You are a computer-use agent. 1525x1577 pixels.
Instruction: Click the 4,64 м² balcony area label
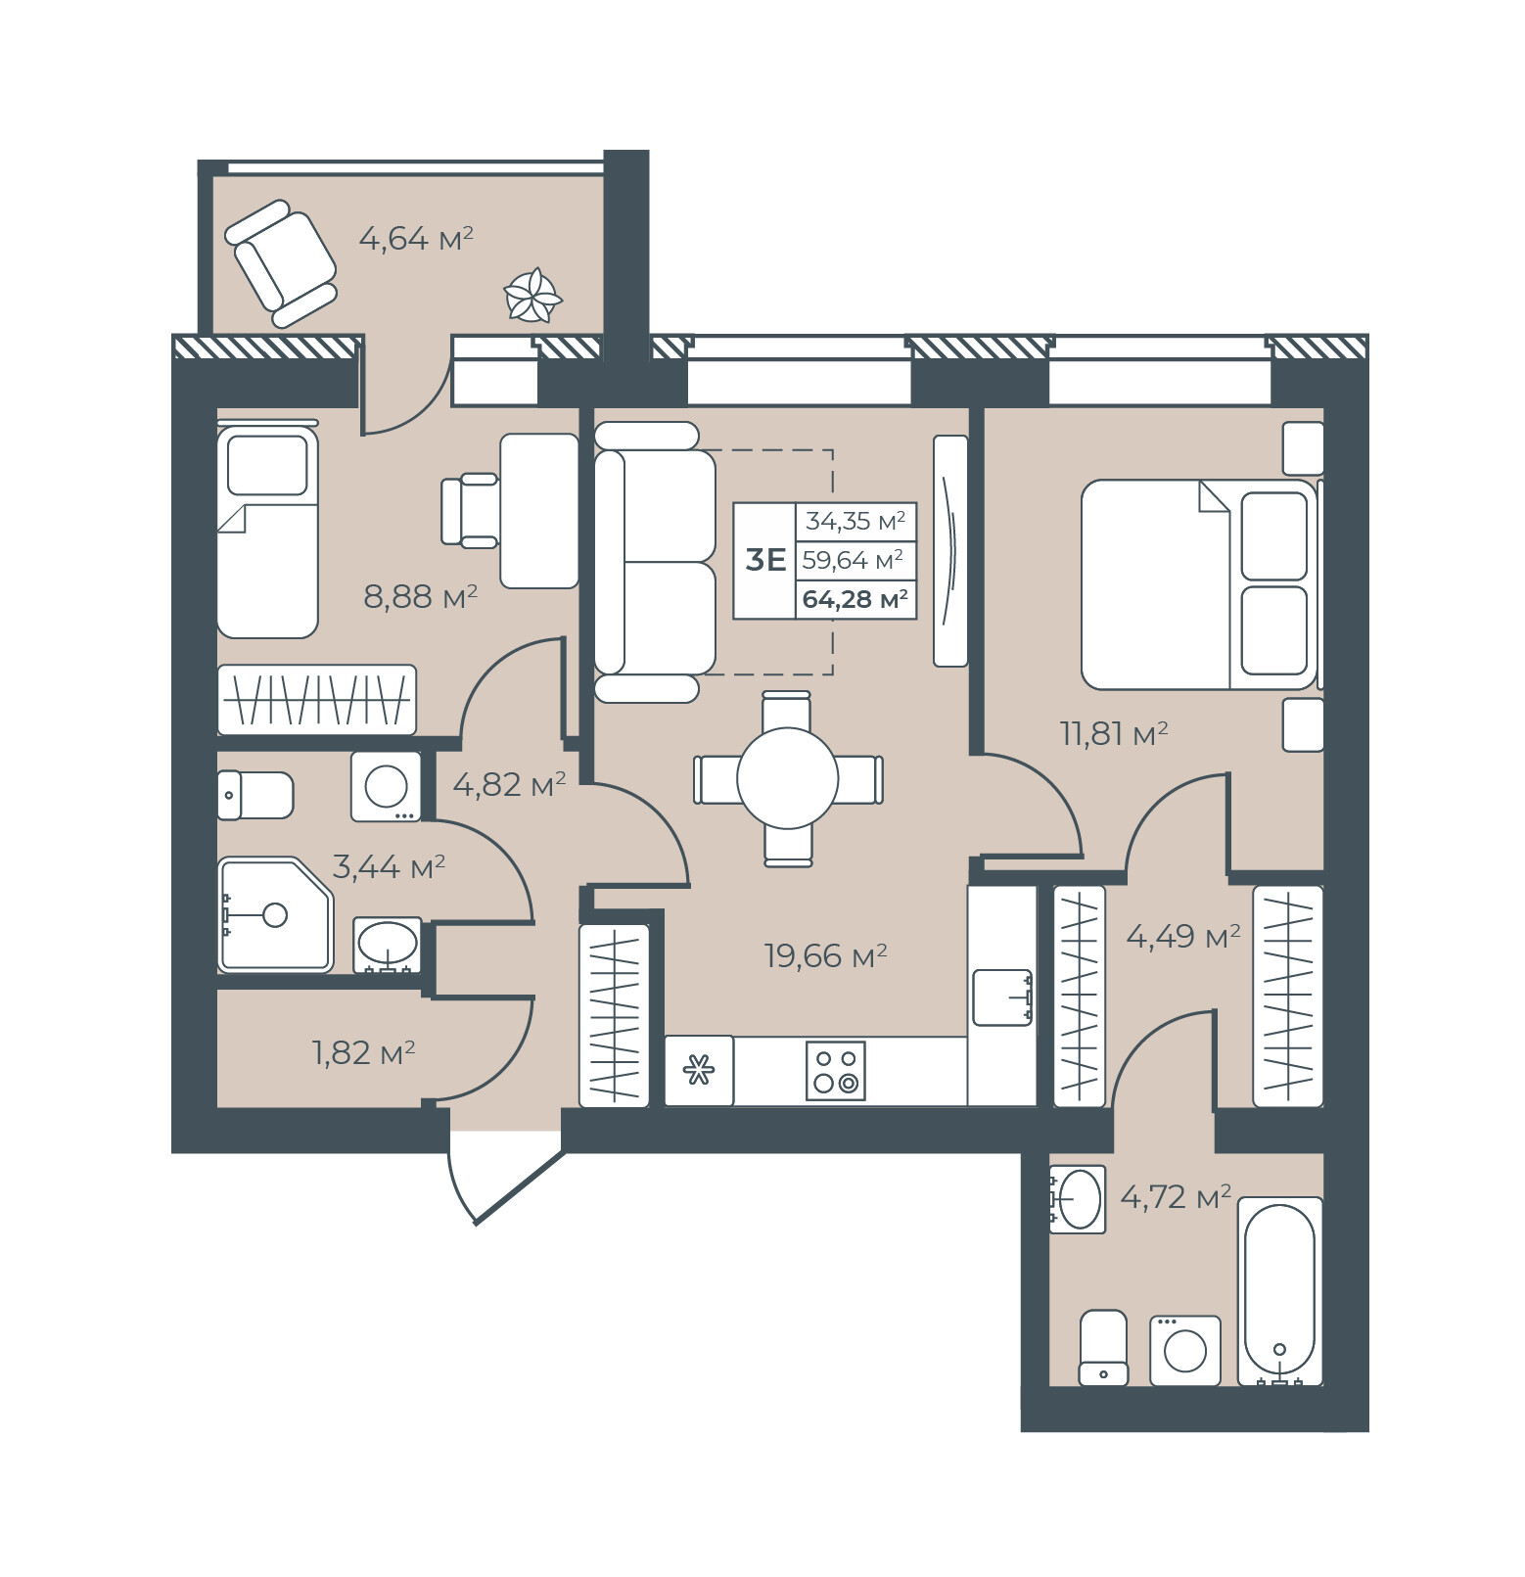(x=416, y=238)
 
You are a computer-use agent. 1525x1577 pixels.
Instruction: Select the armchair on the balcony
(x=281, y=263)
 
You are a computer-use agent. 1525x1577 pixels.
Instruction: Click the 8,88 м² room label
(x=420, y=596)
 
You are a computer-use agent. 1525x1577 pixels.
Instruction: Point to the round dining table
(x=788, y=779)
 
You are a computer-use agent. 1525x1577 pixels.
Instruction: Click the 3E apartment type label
(x=765, y=560)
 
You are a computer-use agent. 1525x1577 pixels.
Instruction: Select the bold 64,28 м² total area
(x=855, y=599)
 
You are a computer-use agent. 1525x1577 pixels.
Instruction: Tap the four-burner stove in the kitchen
(x=836, y=1071)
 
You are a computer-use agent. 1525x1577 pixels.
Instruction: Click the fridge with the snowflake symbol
(x=699, y=1071)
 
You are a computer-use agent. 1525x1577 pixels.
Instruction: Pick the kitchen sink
(x=1002, y=997)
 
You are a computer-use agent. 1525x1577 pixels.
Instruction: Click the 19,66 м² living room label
(x=825, y=955)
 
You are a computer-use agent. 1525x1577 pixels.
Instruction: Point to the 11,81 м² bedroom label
(x=1114, y=733)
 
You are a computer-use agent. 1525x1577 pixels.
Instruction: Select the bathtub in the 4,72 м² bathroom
(x=1279, y=1291)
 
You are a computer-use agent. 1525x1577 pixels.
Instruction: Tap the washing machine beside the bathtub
(x=1185, y=1351)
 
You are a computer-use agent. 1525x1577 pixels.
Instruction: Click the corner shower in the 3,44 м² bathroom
(x=275, y=915)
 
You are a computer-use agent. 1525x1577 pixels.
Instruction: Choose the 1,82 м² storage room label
(x=363, y=1052)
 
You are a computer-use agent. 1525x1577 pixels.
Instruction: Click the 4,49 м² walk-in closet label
(x=1183, y=937)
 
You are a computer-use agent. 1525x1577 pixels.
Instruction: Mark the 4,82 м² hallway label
(x=509, y=784)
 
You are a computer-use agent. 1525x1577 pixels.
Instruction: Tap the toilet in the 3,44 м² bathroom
(x=255, y=795)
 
